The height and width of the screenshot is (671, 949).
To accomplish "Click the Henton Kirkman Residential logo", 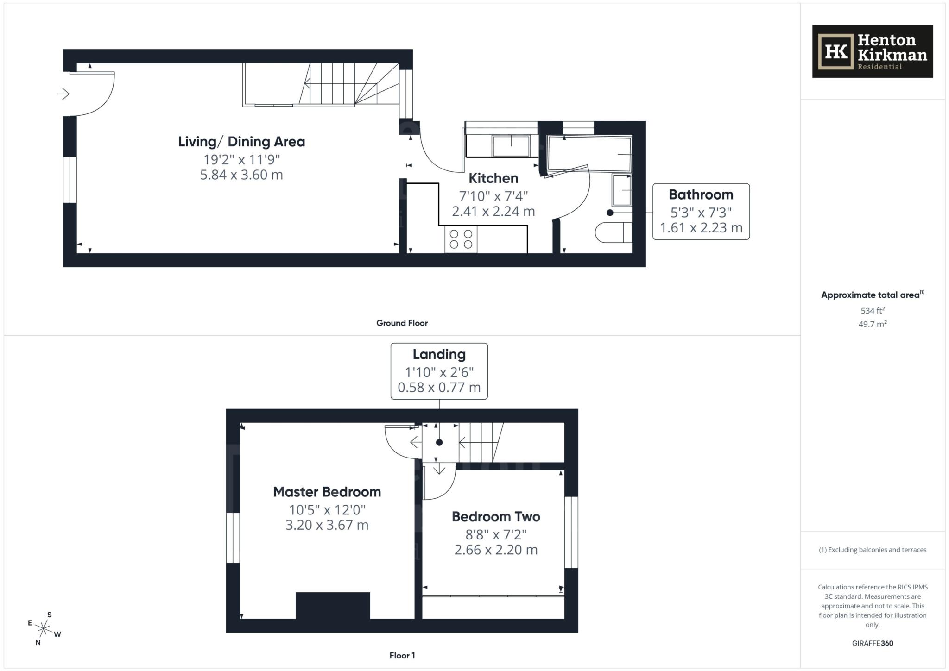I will tap(872, 51).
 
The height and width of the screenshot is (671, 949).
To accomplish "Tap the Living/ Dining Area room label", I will tap(241, 142).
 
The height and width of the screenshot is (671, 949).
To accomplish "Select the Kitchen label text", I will tap(493, 178).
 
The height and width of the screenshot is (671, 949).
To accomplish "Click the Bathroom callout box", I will tap(701, 212).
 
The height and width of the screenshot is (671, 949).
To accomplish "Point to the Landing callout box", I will tap(439, 371).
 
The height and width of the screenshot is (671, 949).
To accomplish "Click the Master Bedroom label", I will tap(327, 492).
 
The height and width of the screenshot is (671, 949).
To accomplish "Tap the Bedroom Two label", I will tap(496, 517).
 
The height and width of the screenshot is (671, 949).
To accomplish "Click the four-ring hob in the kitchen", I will tap(461, 239).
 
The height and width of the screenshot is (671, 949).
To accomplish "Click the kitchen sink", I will tap(511, 146).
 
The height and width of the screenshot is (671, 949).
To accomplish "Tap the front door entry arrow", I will tap(63, 94).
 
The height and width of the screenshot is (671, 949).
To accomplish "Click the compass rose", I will tap(44, 628).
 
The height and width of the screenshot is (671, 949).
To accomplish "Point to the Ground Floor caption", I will tap(402, 323).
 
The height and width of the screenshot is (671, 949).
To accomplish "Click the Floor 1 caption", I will tap(402, 656).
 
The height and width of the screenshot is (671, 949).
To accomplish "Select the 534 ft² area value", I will tap(873, 311).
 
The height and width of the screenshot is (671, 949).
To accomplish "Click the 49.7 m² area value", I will tap(873, 324).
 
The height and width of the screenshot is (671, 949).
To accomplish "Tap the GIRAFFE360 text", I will tap(873, 643).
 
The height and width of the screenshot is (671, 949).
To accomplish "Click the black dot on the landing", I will tap(439, 443).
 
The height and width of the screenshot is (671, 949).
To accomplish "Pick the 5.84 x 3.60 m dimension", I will tap(241, 175).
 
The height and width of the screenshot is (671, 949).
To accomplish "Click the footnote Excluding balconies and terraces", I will tap(873, 550).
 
